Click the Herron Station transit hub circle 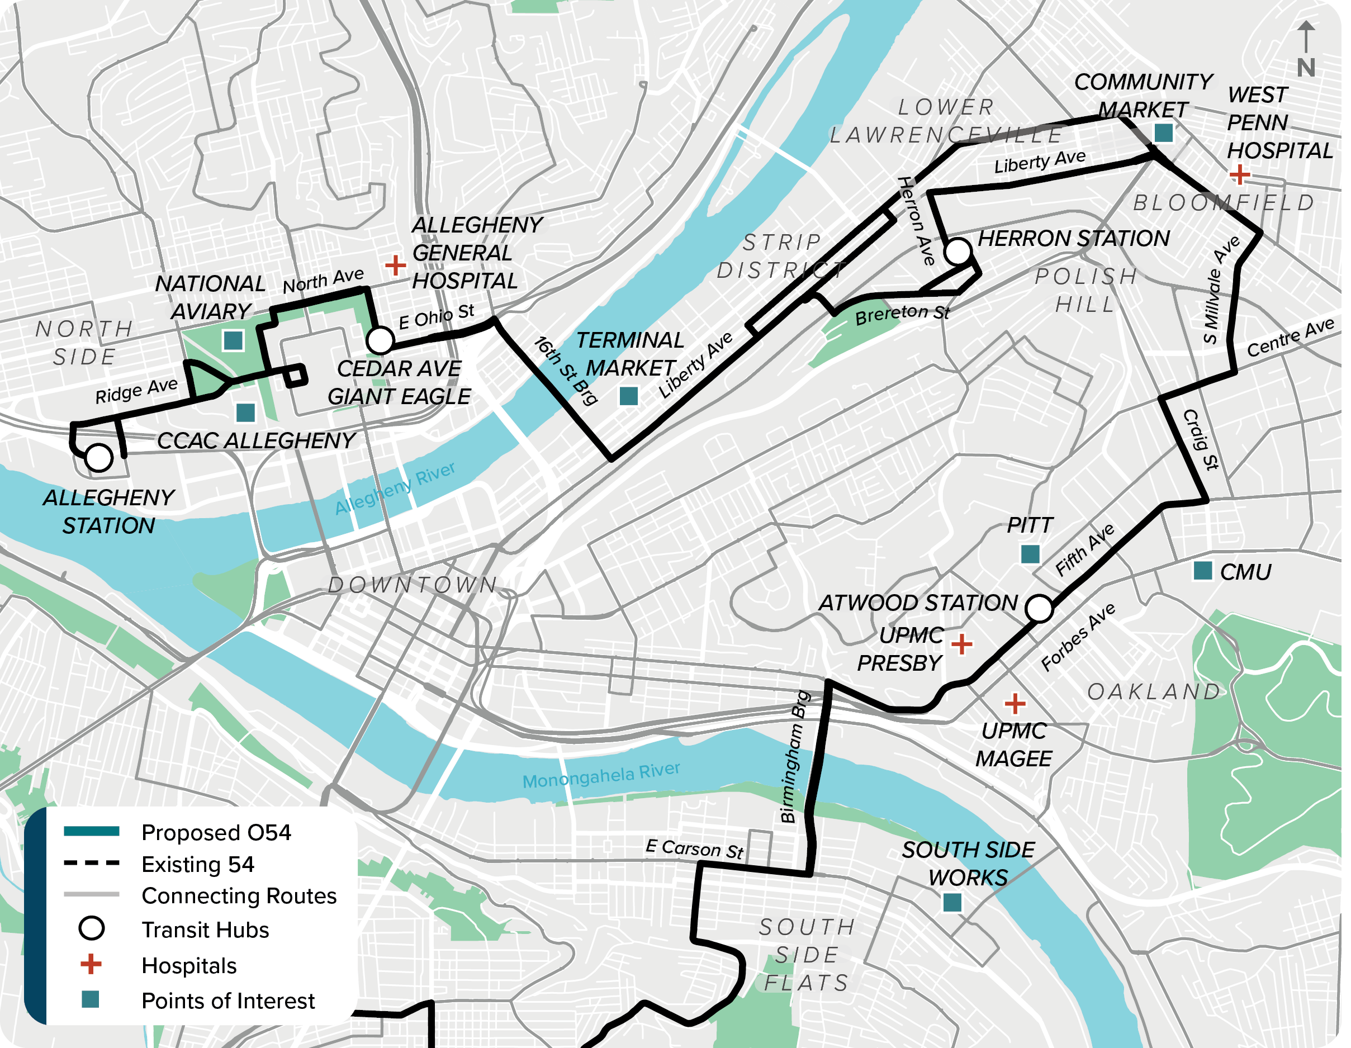[957, 251]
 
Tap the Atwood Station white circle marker [1039, 608]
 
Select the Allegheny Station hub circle [98, 458]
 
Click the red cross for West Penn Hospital [1239, 174]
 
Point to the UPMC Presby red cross [961, 644]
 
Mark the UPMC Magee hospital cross [1015, 703]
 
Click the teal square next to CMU [1202, 571]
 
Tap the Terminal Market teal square [628, 396]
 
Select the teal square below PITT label [1030, 554]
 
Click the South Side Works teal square [952, 903]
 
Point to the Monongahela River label [601, 775]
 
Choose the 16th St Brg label [566, 371]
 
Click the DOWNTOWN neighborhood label [413, 585]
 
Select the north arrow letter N [1306, 68]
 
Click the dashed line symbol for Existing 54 [92, 863]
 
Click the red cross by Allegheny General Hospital [395, 265]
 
